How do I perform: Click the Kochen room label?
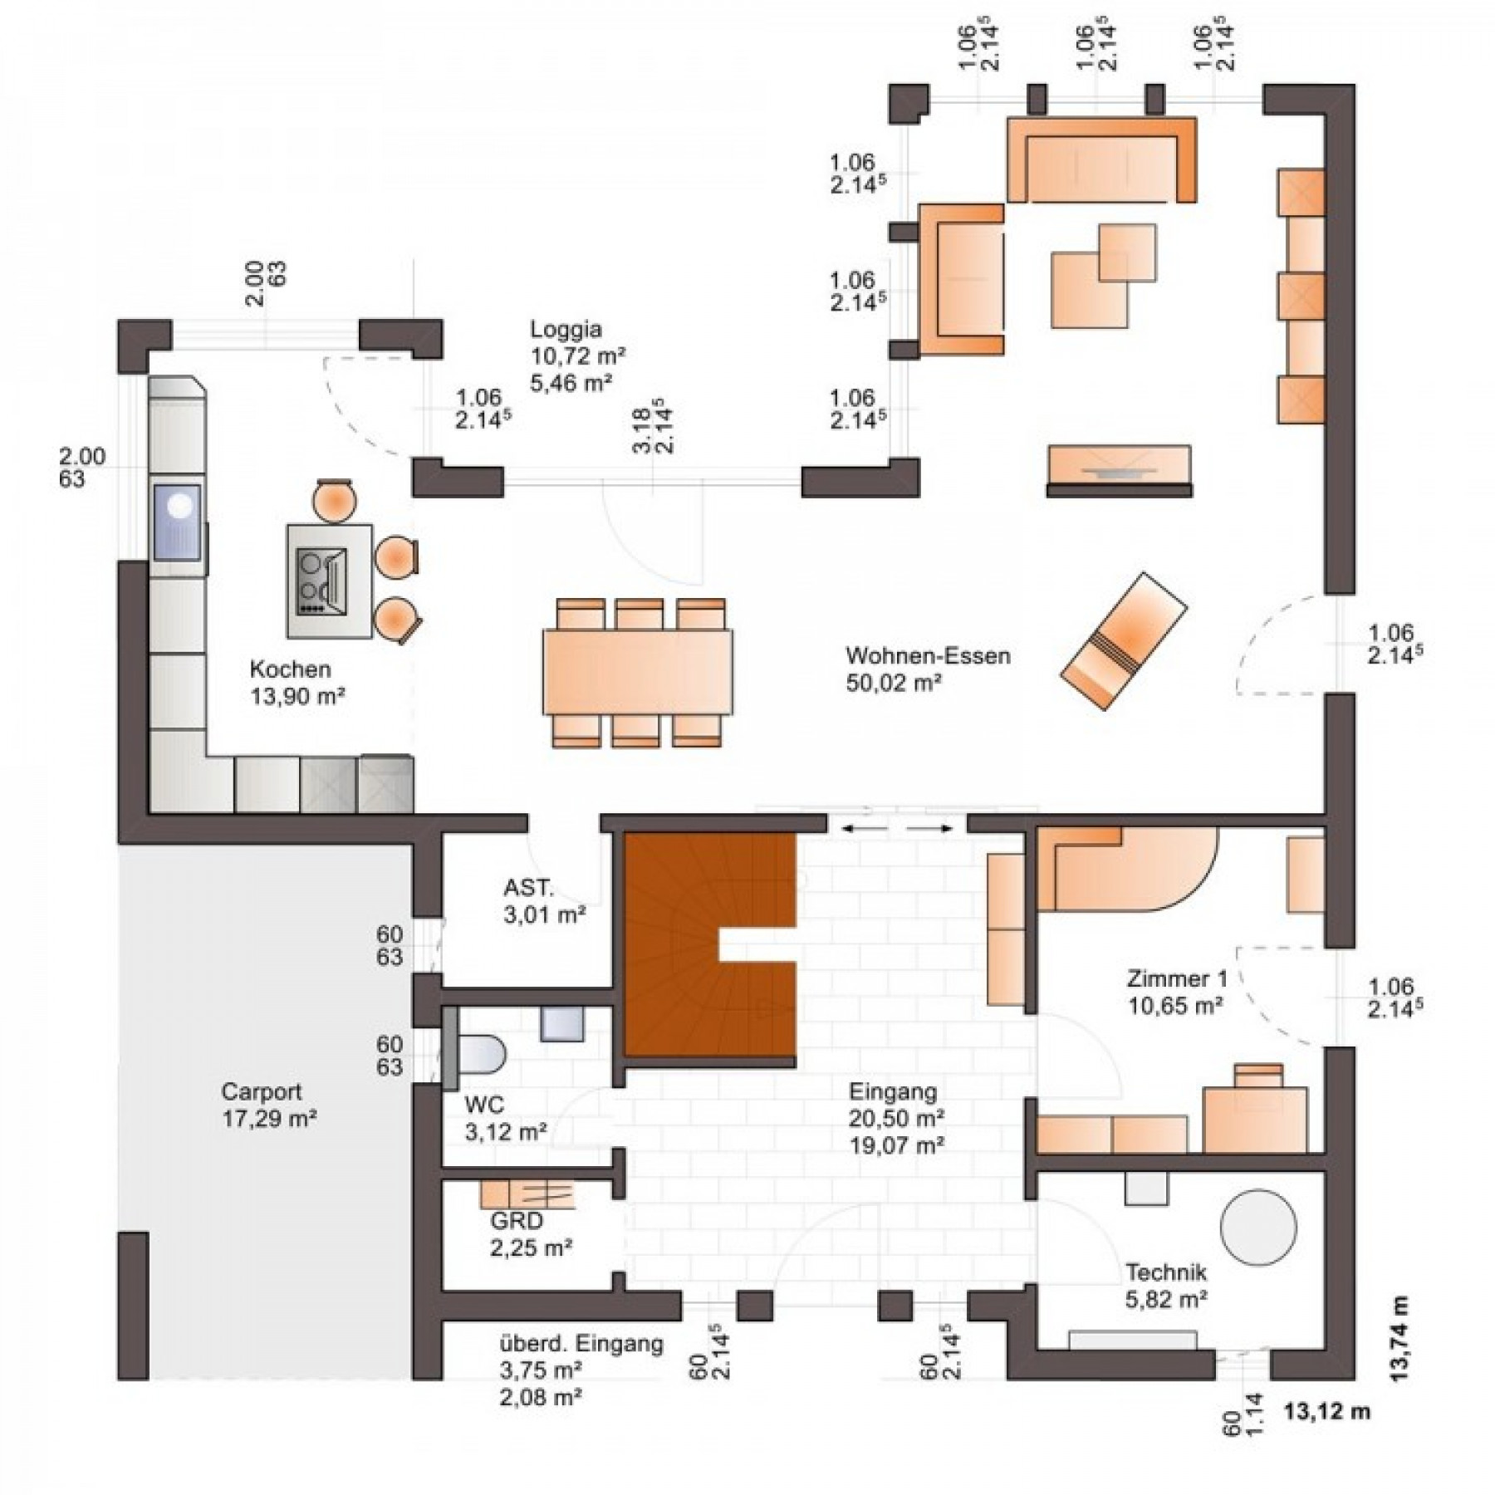pos(290,669)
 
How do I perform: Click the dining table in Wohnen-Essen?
pos(638,672)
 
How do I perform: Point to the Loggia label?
pos(566,330)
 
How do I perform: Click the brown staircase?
pos(710,945)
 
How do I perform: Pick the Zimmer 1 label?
pos(1176,978)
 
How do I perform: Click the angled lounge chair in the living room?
pos(1123,640)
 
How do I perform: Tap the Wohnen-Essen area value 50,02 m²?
pos(894,683)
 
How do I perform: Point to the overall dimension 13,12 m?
pos(1326,1411)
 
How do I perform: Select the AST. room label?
pos(528,888)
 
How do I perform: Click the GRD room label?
pos(516,1221)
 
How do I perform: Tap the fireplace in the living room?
pos(1119,471)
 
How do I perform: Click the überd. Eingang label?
pos(581,1345)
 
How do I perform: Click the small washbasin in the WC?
pos(562,1024)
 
